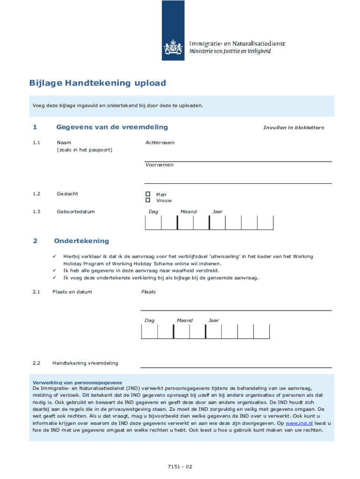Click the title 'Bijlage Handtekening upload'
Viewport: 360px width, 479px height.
tap(97, 83)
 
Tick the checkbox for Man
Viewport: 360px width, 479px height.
tap(148, 194)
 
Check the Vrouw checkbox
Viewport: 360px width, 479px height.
tap(148, 200)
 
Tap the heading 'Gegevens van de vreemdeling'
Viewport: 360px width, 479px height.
tap(112, 127)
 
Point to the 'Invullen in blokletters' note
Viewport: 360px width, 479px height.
tap(293, 128)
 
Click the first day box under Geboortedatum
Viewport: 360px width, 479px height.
tap(153, 223)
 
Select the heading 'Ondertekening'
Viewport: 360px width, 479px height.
tap(81, 241)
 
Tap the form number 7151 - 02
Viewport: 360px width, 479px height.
tap(180, 466)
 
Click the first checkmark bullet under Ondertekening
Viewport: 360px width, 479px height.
tap(54, 256)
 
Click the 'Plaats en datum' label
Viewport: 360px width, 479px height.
tap(72, 292)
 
